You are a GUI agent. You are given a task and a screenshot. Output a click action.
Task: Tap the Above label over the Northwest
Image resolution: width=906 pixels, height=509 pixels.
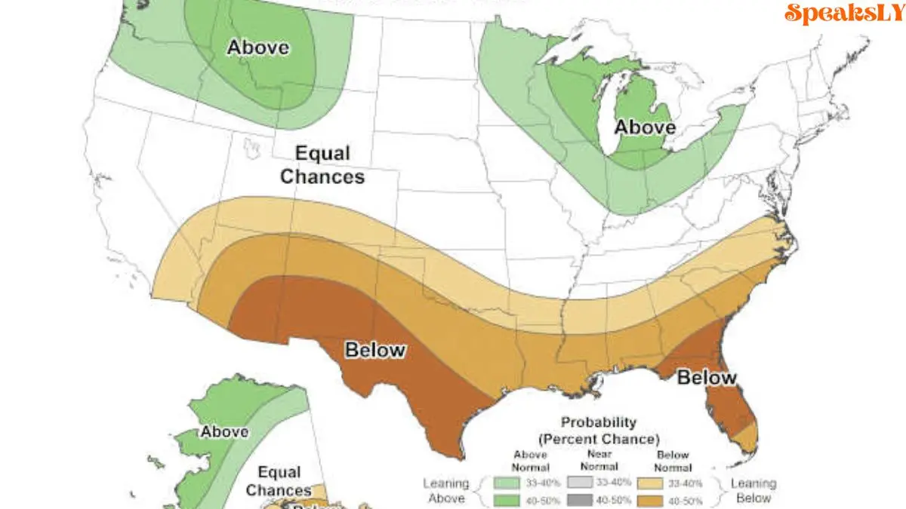[x=257, y=47]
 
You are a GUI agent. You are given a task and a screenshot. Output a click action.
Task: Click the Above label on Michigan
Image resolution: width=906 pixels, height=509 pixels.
[x=644, y=127]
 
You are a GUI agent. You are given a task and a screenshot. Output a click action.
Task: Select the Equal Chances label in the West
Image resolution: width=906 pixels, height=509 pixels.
[x=322, y=165]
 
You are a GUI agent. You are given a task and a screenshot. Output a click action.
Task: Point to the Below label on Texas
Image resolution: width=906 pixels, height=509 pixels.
[x=375, y=350]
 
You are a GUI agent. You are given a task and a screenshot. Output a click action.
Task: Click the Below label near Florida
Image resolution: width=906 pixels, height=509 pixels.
[x=706, y=377]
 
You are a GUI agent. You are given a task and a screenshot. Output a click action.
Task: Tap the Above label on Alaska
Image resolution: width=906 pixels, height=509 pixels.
[x=224, y=432]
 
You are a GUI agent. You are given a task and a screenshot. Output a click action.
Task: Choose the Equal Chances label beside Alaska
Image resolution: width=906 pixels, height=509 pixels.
[x=279, y=481]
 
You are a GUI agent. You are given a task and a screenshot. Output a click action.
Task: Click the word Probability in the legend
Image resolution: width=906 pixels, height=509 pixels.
[x=599, y=422]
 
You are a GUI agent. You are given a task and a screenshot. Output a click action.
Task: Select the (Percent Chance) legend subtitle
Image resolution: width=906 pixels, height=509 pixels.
[x=599, y=438]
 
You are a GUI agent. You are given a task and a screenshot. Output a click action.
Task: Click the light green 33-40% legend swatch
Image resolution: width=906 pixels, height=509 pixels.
[x=507, y=483]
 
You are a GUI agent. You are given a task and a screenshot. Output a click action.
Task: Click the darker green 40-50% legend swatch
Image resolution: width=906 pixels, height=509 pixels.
[x=507, y=500]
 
